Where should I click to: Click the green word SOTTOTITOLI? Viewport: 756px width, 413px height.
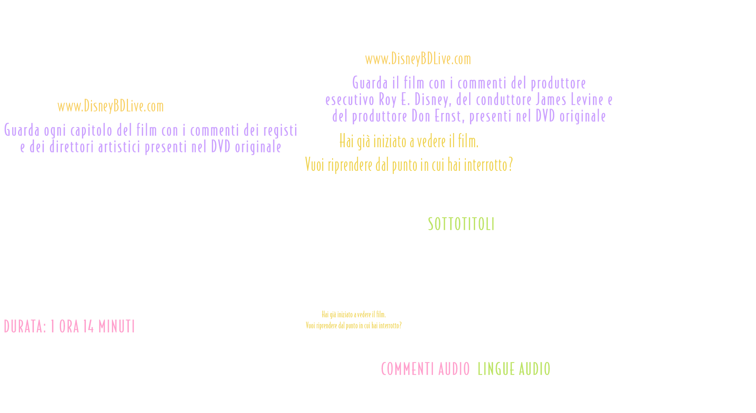click(461, 224)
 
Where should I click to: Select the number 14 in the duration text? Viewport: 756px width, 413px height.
click(88, 326)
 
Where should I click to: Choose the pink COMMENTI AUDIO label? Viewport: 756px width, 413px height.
click(425, 369)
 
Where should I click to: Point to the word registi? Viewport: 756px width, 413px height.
click(280, 130)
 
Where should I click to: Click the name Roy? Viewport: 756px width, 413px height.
click(387, 100)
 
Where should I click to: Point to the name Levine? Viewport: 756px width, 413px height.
click(587, 100)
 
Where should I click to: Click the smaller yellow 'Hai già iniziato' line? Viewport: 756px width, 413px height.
click(353, 314)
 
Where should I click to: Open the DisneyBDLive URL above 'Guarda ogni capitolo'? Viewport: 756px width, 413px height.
click(110, 106)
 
